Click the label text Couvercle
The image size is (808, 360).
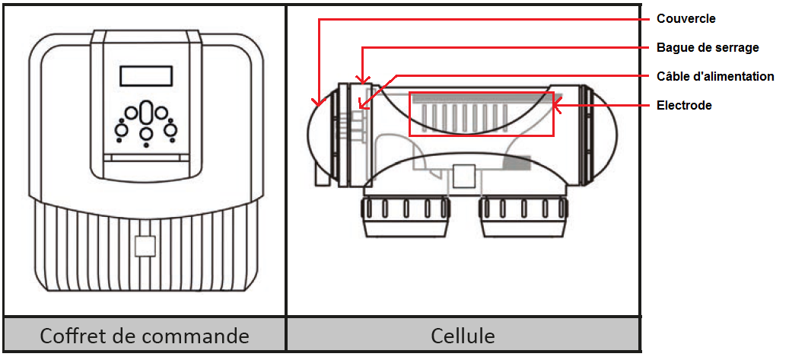click(x=686, y=18)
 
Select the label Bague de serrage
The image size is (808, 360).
click(x=708, y=47)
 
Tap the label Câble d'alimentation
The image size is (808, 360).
click(x=715, y=76)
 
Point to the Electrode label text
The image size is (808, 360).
click(x=684, y=105)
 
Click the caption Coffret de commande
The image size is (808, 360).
click(x=145, y=336)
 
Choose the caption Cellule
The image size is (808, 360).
click(x=463, y=336)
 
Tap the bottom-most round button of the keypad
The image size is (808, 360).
click(x=146, y=135)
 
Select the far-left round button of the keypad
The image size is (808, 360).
click(x=121, y=130)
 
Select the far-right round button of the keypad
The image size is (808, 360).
click(x=170, y=130)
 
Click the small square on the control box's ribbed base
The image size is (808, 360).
click(x=145, y=246)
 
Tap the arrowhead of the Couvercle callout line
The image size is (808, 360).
click(x=317, y=103)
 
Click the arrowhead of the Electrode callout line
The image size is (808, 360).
click(x=556, y=106)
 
